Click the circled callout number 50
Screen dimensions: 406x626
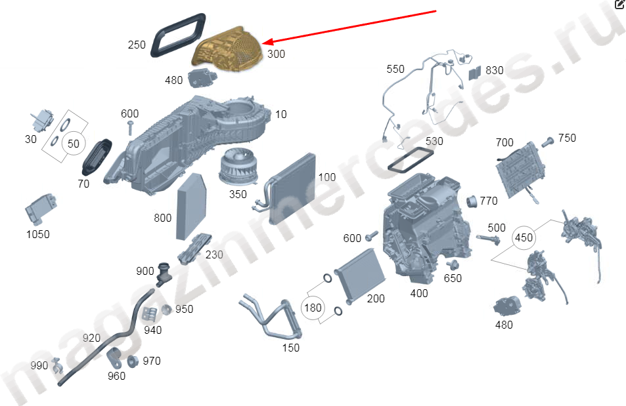pyautogui.click(x=74, y=143)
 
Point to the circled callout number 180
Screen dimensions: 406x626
pyautogui.click(x=313, y=307)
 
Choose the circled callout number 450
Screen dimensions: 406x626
pyautogui.click(x=524, y=237)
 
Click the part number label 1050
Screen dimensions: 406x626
pyautogui.click(x=37, y=234)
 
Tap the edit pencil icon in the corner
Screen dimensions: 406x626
pyautogui.click(x=619, y=5)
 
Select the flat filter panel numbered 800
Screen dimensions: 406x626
pyautogui.click(x=190, y=205)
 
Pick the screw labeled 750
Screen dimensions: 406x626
pyautogui.click(x=547, y=140)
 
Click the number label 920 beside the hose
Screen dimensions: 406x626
pyautogui.click(x=91, y=338)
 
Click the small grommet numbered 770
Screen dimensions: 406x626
pyautogui.click(x=471, y=199)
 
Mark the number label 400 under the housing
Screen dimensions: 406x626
pyautogui.click(x=418, y=293)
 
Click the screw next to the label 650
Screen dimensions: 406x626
pyautogui.click(x=451, y=265)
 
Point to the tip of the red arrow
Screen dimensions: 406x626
pyautogui.click(x=263, y=44)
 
